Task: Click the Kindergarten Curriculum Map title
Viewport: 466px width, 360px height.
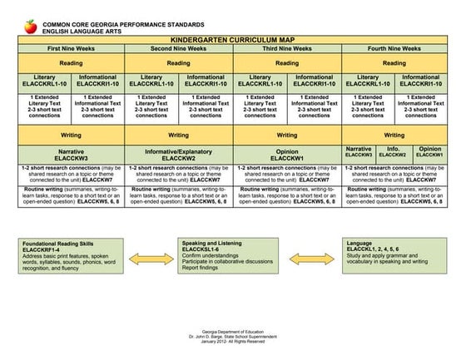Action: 233,39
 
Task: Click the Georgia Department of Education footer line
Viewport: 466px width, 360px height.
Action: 233,333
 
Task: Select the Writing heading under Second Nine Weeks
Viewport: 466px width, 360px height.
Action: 179,133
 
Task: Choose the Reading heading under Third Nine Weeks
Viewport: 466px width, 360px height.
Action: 287,62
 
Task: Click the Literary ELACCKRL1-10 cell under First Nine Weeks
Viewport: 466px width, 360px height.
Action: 40,81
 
